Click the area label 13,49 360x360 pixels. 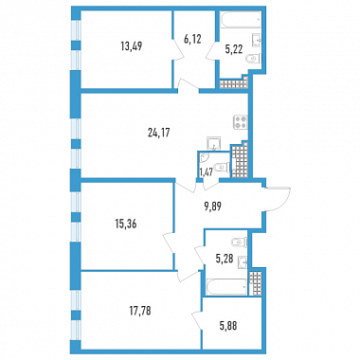pyautogui.click(x=132, y=46)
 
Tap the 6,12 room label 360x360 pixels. pyautogui.click(x=192, y=40)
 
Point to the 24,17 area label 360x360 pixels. pyautogui.click(x=159, y=133)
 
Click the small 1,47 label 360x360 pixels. pyautogui.click(x=205, y=172)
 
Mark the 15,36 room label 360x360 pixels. pyautogui.click(x=126, y=225)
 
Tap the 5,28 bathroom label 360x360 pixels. pyautogui.click(x=225, y=260)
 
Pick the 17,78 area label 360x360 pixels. pyautogui.click(x=140, y=311)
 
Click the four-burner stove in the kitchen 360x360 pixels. pyautogui.click(x=241, y=122)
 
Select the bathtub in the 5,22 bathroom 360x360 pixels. pyautogui.click(x=241, y=20)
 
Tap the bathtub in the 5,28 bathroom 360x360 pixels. pyautogui.click(x=226, y=287)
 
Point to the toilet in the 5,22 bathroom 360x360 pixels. pyautogui.click(x=253, y=59)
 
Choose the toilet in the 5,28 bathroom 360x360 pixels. pyautogui.click(x=239, y=243)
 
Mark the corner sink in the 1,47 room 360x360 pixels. pyautogui.click(x=203, y=157)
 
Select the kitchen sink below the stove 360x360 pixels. pyautogui.click(x=214, y=144)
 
